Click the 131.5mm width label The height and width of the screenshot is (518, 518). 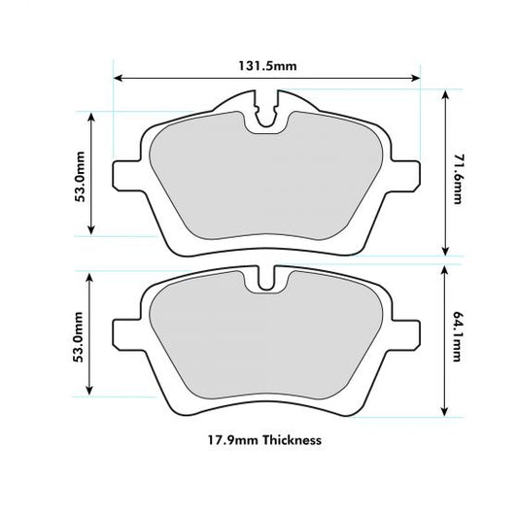click(266, 66)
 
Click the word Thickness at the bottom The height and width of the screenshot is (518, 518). click(288, 439)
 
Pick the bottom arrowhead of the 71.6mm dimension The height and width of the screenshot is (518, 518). click(444, 250)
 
